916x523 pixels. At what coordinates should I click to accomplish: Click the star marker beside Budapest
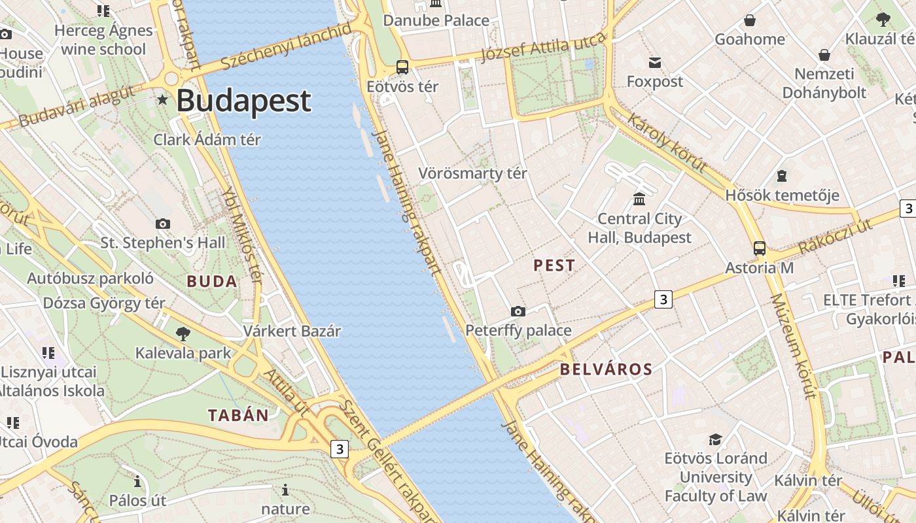(162, 100)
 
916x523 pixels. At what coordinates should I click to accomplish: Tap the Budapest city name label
(243, 101)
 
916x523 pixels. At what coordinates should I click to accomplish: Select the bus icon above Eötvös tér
(402, 67)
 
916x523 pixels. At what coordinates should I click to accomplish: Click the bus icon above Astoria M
(759, 248)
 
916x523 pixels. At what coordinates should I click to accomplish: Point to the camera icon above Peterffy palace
(518, 311)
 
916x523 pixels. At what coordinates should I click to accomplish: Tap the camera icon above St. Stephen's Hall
(163, 224)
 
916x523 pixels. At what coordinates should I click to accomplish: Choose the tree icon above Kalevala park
(183, 334)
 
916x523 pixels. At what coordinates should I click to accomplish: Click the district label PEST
(554, 265)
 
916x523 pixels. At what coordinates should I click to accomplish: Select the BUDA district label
(212, 282)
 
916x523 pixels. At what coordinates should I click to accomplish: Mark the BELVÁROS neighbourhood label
(606, 369)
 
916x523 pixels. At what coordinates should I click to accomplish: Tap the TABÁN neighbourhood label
(238, 415)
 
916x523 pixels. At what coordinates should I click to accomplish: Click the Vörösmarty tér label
(472, 174)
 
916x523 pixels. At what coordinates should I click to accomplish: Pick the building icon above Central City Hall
(639, 199)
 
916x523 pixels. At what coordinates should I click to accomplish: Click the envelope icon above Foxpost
(654, 63)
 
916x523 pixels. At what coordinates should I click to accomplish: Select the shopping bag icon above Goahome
(749, 20)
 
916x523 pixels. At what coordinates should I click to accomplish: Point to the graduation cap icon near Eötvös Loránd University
(715, 439)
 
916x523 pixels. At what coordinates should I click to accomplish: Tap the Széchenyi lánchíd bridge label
(286, 46)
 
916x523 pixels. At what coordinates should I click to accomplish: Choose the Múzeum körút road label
(793, 346)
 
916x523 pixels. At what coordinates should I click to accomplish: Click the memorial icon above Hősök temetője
(781, 176)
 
